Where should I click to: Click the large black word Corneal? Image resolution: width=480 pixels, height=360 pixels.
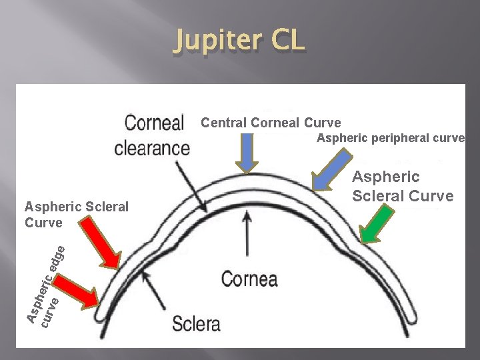155,123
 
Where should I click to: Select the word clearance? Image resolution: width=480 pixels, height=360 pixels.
152,147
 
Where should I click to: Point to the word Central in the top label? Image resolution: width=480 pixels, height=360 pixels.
222,123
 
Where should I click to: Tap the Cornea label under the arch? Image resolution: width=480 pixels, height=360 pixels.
250,278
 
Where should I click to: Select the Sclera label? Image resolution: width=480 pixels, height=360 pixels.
196,324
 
